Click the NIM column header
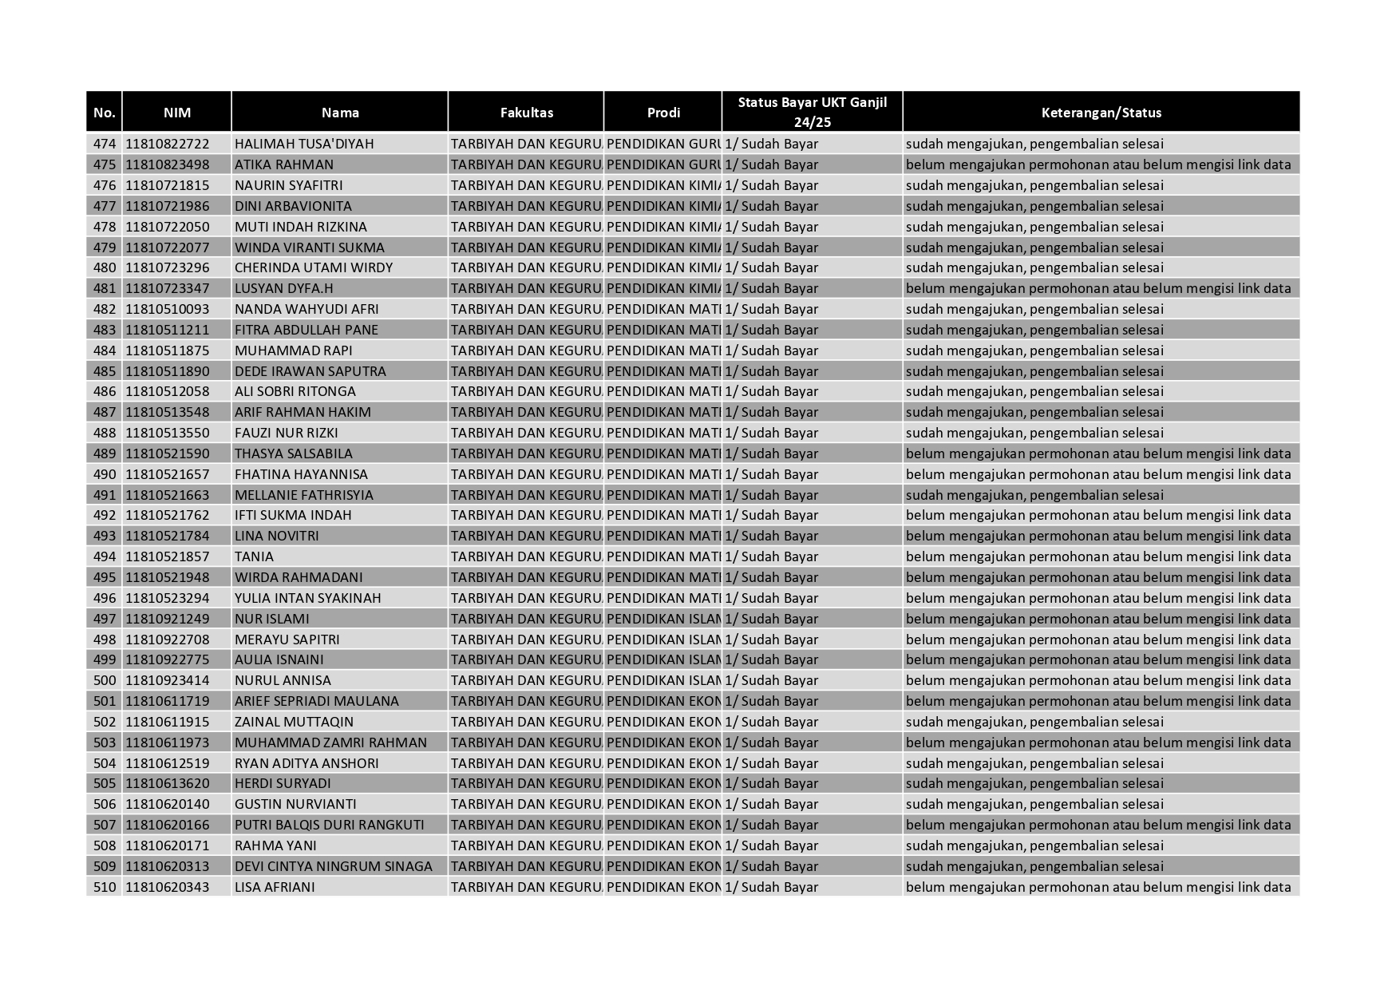point(176,113)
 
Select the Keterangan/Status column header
point(1101,113)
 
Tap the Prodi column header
point(662,113)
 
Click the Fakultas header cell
point(526,113)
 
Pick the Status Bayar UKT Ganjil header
point(812,112)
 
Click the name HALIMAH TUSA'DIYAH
point(304,144)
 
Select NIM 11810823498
point(168,164)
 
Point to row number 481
point(105,288)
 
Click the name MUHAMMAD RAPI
point(293,350)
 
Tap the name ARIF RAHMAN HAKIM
point(303,412)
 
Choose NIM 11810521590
point(168,453)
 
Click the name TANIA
point(254,556)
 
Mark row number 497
point(105,619)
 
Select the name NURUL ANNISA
point(283,680)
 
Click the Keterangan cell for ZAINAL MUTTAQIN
point(1034,722)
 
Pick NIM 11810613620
point(168,783)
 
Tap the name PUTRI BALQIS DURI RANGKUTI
point(329,825)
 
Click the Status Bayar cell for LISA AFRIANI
point(772,887)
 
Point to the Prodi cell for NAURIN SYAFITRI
point(662,185)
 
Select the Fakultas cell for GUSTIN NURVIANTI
point(526,804)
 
